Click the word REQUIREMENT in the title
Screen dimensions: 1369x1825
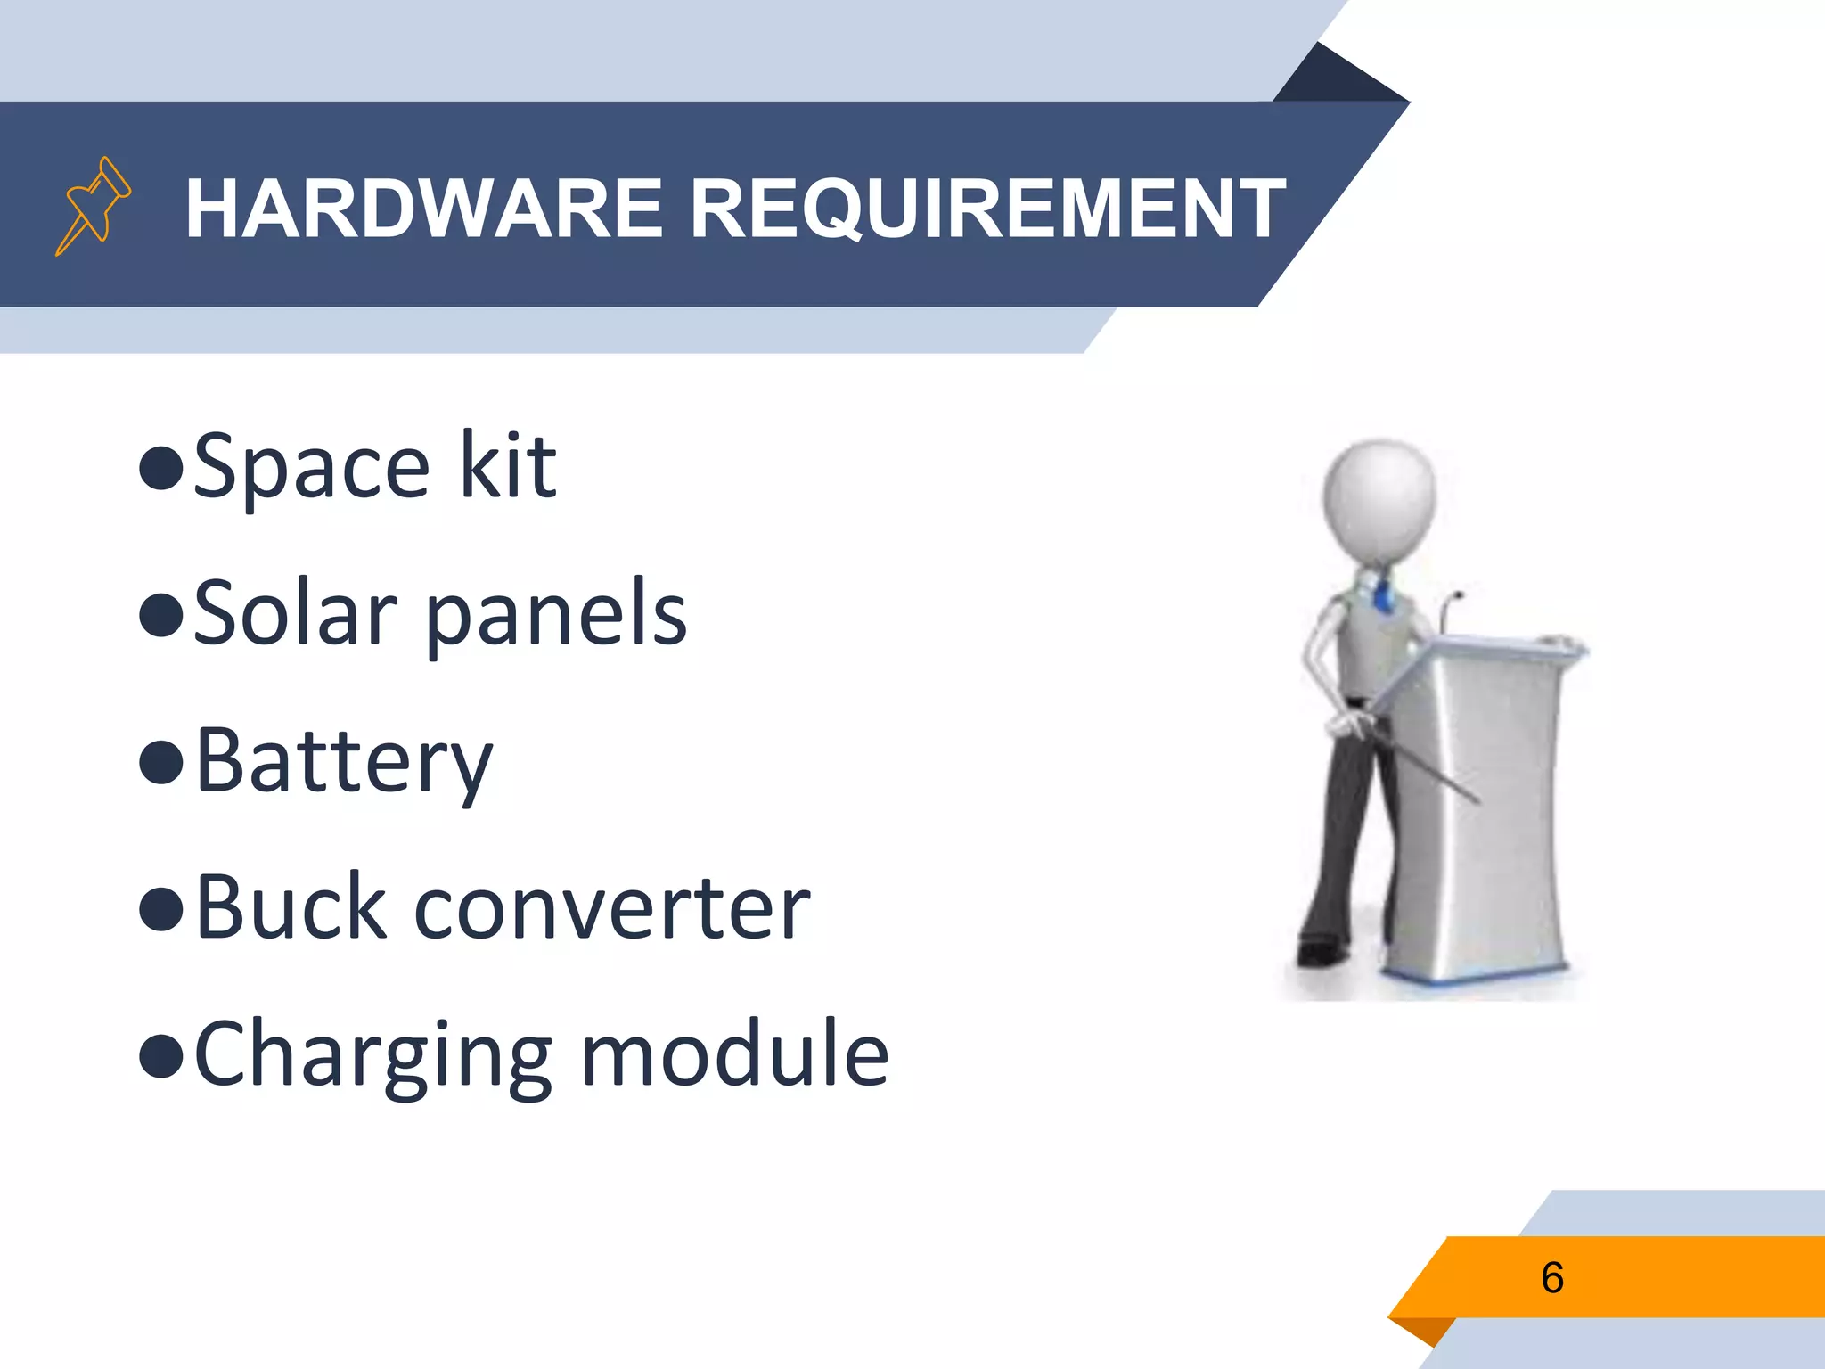tap(987, 209)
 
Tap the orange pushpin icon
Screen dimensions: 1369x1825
tap(93, 205)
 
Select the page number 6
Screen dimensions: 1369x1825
tap(1551, 1277)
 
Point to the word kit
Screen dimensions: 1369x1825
tap(508, 465)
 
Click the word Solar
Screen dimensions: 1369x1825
tap(295, 613)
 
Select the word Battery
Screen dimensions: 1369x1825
tap(343, 763)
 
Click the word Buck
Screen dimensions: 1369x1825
tap(291, 908)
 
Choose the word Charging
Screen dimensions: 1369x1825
tap(372, 1057)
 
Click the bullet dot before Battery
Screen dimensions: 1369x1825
tap(161, 763)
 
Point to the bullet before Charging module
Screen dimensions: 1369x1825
tap(161, 1055)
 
